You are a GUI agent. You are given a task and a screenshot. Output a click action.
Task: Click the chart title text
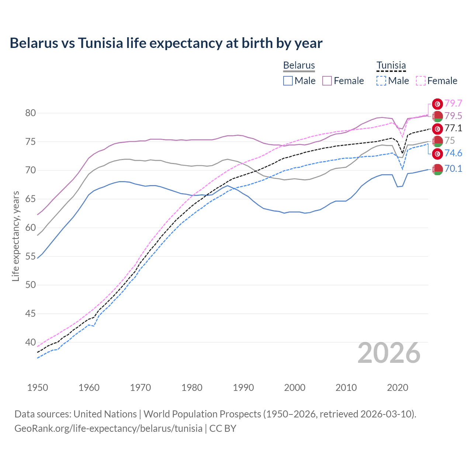pos(166,43)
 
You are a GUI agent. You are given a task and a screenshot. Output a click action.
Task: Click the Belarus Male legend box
pos(288,81)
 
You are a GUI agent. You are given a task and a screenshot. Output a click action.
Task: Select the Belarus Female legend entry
pos(343,81)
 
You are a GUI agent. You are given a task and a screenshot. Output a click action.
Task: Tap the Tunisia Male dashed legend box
pos(381,81)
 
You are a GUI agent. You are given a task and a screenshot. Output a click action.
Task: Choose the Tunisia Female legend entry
pos(437,81)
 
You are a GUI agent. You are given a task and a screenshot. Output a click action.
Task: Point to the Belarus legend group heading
pos(299,66)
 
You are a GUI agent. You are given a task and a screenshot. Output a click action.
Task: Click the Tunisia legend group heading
pos(391,66)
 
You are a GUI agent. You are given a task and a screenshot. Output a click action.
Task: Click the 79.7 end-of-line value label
pos(454,104)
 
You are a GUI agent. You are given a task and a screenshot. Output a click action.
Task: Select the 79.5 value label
pos(454,116)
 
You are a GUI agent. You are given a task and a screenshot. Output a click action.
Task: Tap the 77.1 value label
pos(454,128)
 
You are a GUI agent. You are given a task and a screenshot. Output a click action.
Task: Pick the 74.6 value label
pos(454,153)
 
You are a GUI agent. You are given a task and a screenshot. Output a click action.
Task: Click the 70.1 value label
pos(454,169)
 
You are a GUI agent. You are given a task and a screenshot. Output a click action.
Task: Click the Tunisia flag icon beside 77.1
pos(437,129)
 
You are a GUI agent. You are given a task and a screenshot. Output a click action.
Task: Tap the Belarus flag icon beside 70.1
pos(437,169)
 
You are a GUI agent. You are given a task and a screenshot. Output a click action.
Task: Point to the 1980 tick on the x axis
pos(192,388)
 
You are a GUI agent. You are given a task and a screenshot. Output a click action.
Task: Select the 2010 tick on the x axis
pos(346,388)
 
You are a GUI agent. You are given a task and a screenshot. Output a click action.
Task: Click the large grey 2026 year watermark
pos(389,353)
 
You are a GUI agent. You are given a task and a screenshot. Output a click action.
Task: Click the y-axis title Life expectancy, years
pos(15,236)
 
